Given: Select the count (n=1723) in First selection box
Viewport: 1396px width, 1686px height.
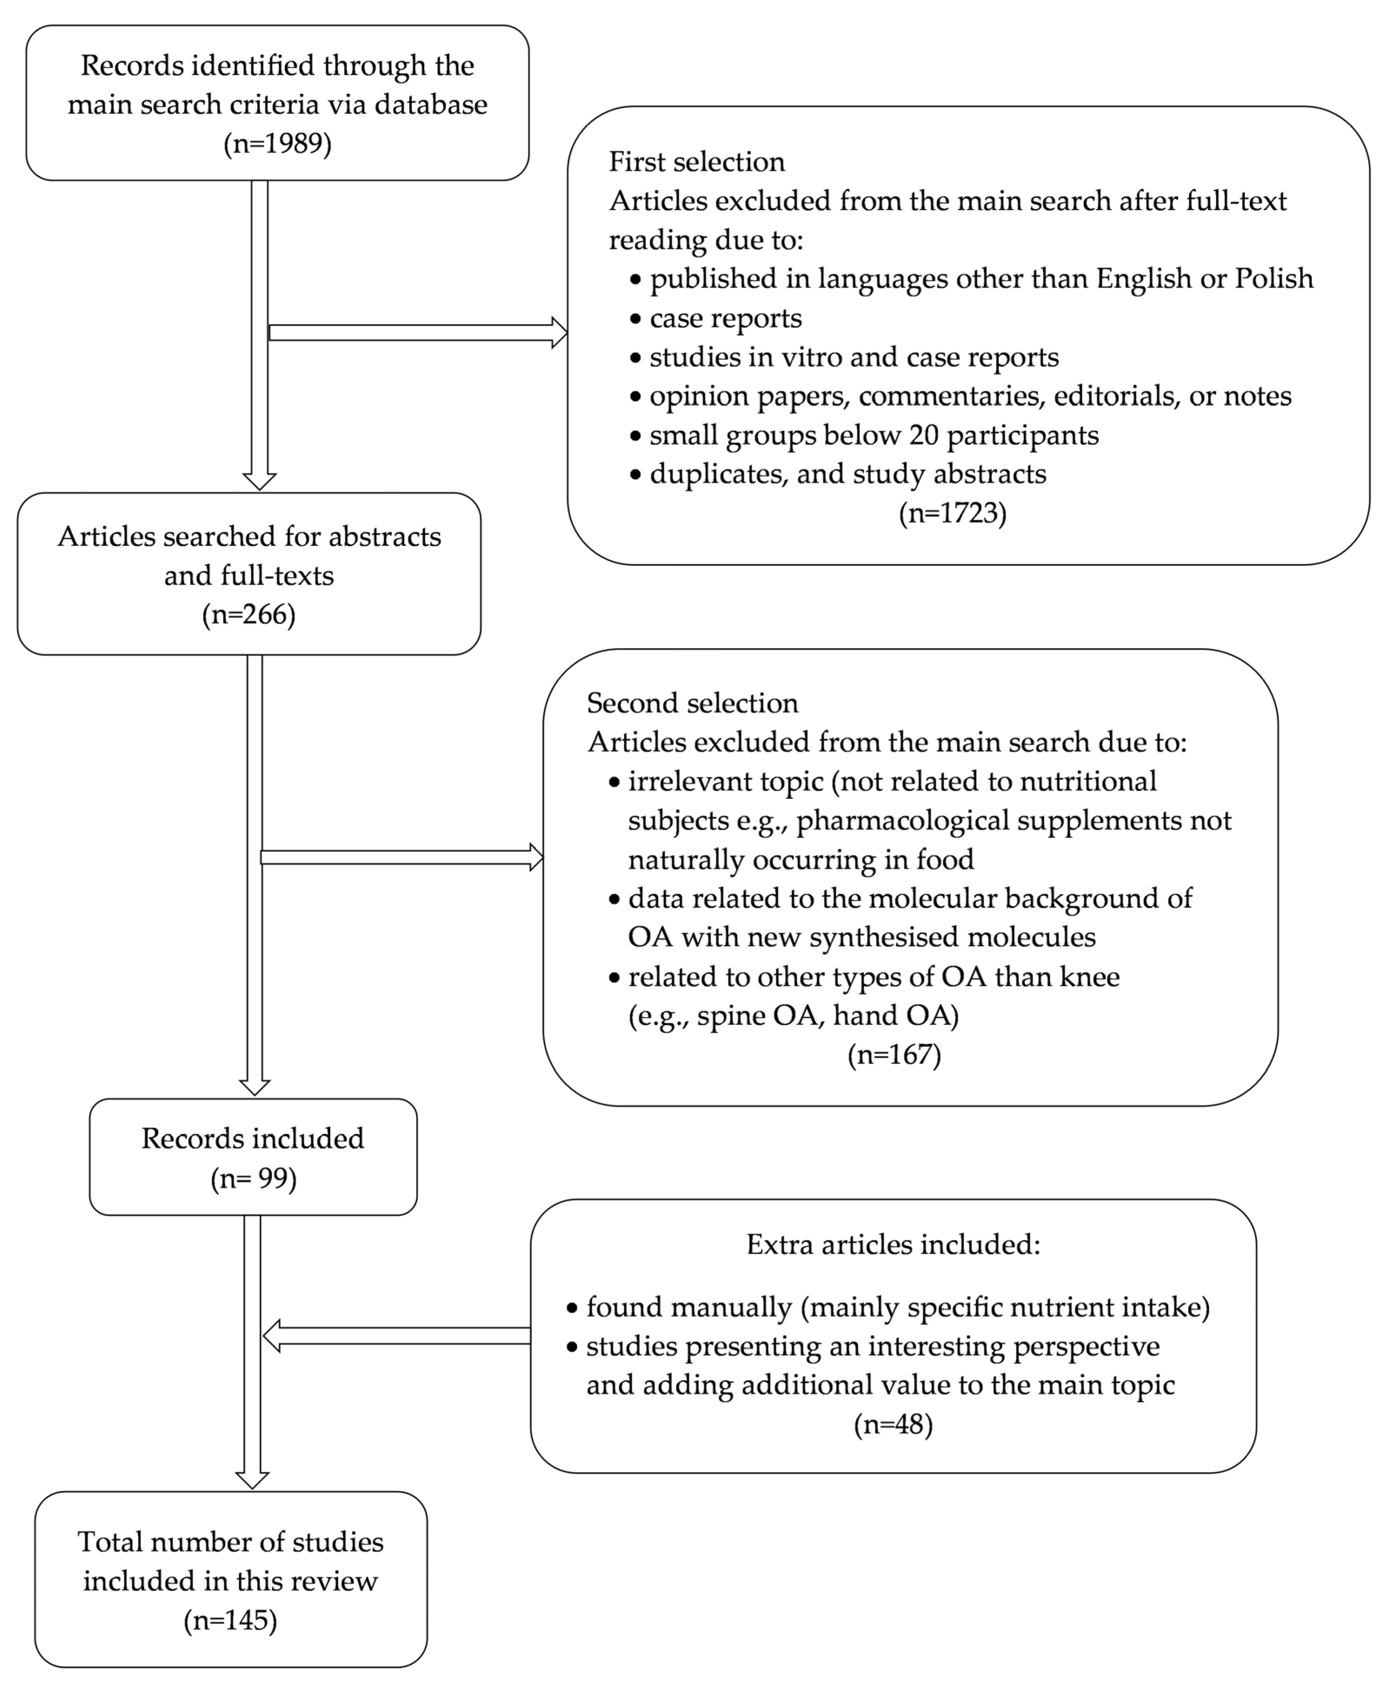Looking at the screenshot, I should pos(952,512).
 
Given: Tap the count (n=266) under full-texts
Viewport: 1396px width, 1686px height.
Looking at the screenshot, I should pos(249,614).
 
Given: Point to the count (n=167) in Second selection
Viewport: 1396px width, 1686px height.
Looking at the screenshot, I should pos(893,1054).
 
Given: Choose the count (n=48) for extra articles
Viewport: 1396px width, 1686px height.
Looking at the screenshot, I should pos(893,1424).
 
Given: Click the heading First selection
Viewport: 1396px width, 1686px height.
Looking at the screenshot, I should pos(696,161).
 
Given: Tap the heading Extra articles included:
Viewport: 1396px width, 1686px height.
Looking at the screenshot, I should pos(893,1244).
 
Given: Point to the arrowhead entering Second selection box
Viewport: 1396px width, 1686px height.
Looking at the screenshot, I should pos(536,858).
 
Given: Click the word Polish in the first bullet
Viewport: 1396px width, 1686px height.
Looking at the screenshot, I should pos(1273,279).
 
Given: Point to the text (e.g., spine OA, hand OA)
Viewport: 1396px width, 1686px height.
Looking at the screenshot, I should pos(793,1016).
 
